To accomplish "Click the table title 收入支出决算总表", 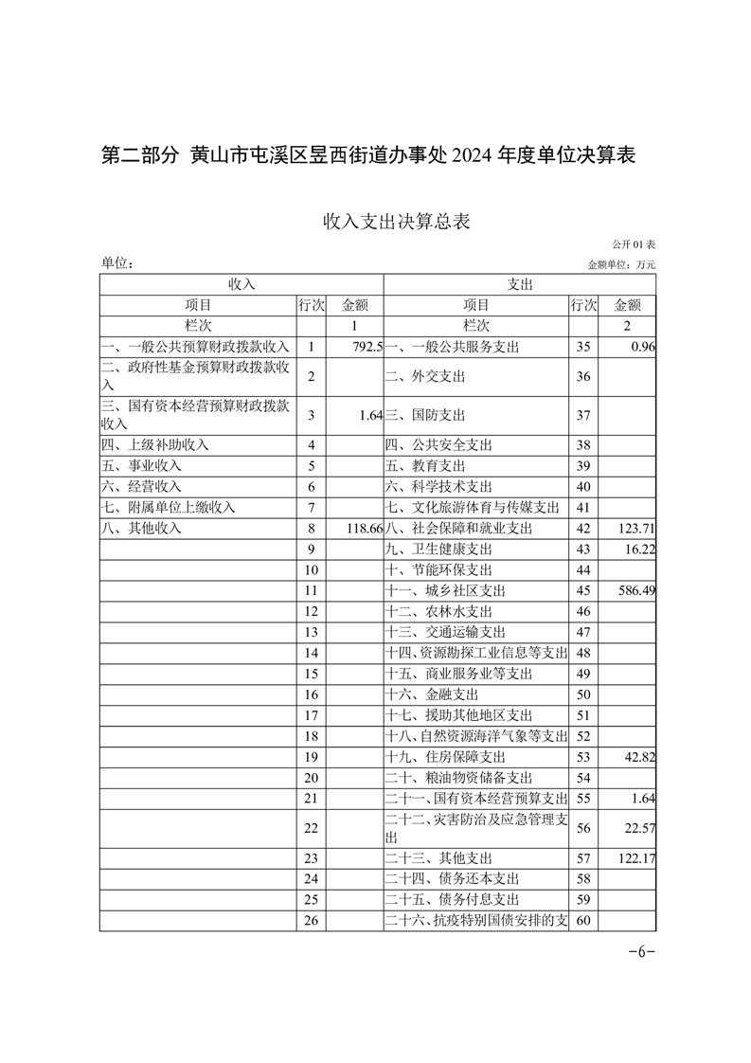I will point(397,222).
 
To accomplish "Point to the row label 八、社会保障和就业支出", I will point(459,528).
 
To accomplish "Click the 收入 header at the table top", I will point(241,284).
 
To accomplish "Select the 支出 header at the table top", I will point(520,284).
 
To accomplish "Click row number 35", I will point(582,348).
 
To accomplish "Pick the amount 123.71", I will point(635,528).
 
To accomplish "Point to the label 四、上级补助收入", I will point(154,444).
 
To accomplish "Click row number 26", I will point(311,920).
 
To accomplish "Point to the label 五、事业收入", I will point(141,465).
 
